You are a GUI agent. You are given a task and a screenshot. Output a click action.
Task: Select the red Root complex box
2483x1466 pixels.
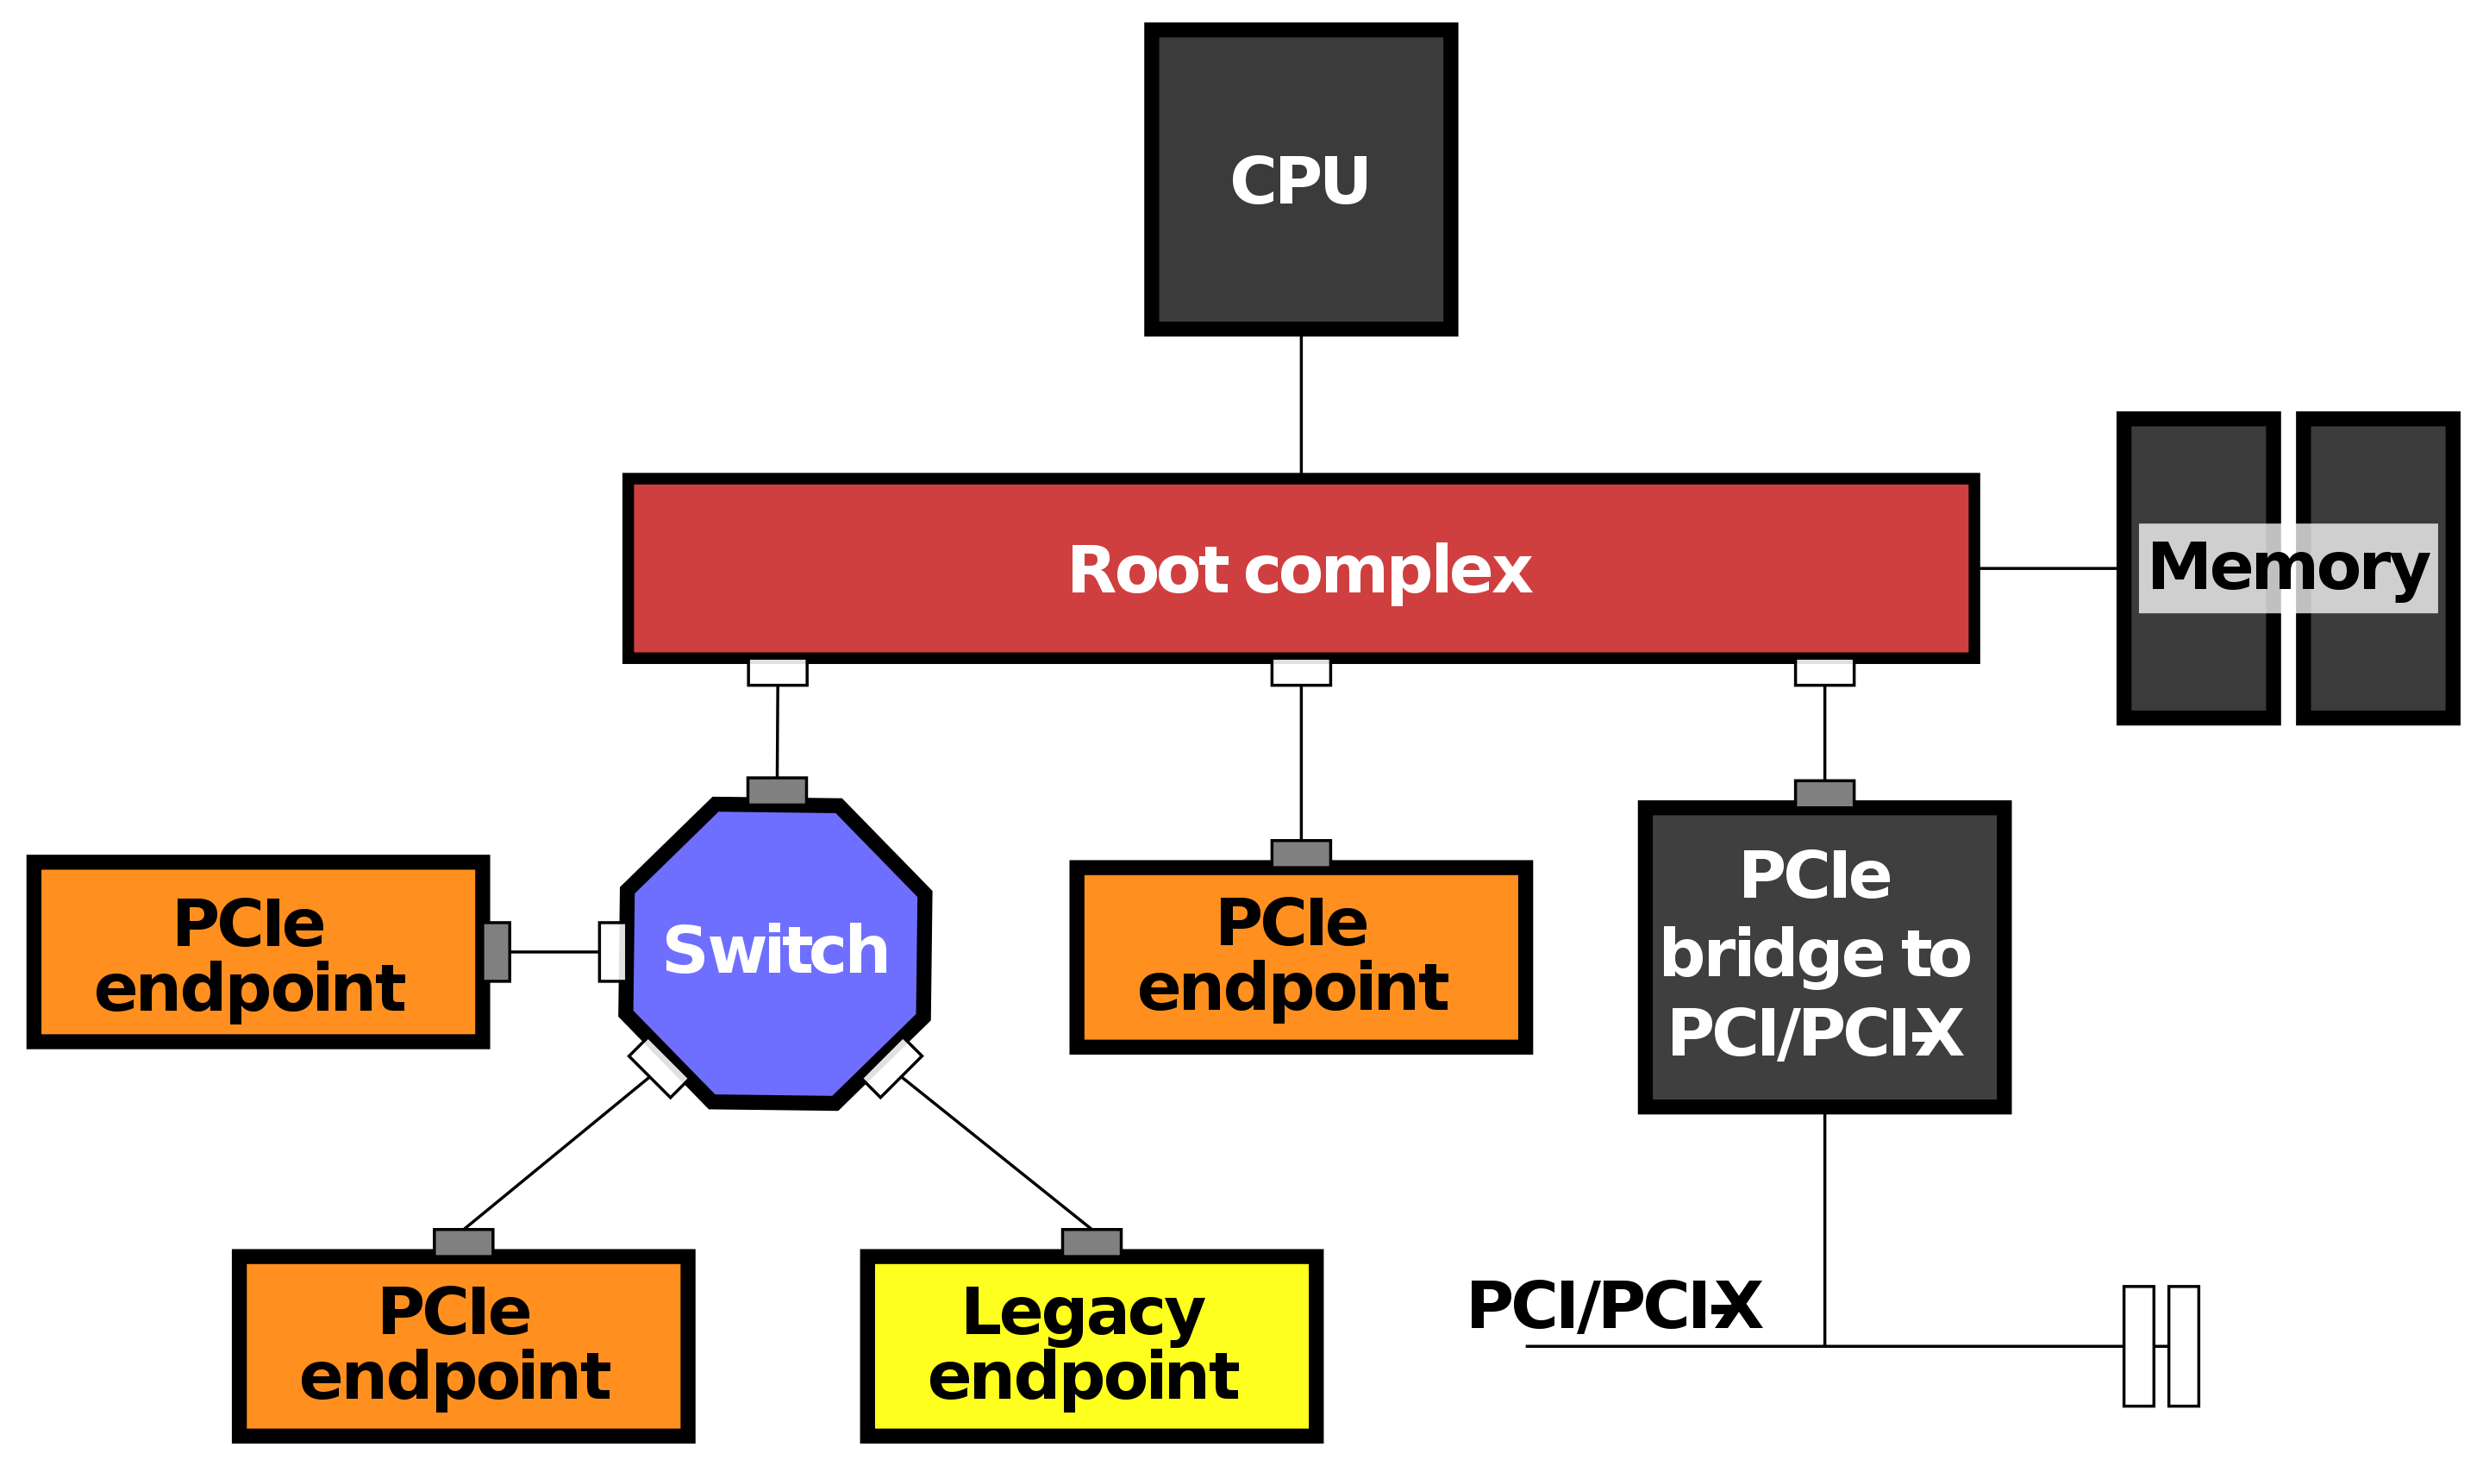(1300, 569)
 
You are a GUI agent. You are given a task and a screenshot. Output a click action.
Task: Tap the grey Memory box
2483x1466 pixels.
(2287, 568)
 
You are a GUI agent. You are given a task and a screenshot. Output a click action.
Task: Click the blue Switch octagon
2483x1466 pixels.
(775, 952)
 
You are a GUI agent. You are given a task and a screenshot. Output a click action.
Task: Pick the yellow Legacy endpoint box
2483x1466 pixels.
(1091, 1345)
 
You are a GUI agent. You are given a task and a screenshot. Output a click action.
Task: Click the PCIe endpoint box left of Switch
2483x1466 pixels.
(258, 952)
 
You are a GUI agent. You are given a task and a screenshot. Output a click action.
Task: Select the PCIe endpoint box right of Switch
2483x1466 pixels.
(1301, 957)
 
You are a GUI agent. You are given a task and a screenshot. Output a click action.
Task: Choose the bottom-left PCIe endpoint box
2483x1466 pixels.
(463, 1345)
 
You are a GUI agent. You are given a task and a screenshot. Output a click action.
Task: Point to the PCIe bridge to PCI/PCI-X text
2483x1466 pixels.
(1816, 953)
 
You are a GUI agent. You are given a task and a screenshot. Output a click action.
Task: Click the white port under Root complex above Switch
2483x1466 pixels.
(778, 672)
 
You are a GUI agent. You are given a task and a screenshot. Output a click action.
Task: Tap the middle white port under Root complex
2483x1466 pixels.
(1301, 672)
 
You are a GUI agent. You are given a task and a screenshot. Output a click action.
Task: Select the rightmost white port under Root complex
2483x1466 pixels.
(1824, 672)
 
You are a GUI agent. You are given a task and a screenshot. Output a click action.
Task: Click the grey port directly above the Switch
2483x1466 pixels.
(778, 792)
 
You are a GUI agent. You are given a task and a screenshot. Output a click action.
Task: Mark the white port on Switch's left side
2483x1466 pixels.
(612, 952)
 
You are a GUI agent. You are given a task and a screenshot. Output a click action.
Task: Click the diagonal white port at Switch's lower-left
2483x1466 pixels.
(659, 1067)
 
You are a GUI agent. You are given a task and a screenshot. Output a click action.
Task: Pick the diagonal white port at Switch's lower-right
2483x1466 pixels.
(891, 1067)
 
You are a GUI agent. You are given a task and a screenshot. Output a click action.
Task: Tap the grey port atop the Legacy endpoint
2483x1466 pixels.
(1091, 1243)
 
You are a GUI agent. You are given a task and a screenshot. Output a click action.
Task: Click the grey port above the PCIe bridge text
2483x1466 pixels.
(1824, 794)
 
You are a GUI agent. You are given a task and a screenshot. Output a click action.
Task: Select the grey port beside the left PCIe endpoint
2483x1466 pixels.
(496, 952)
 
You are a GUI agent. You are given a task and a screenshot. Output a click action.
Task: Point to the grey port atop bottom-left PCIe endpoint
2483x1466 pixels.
(463, 1243)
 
